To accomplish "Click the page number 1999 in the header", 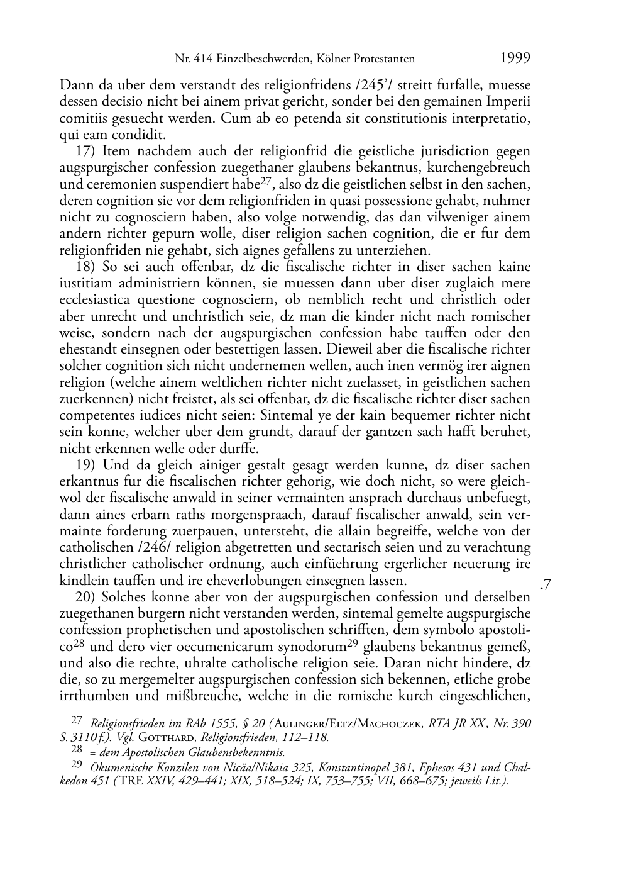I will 515,58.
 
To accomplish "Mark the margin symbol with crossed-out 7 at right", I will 545,586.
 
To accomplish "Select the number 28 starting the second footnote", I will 77,750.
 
